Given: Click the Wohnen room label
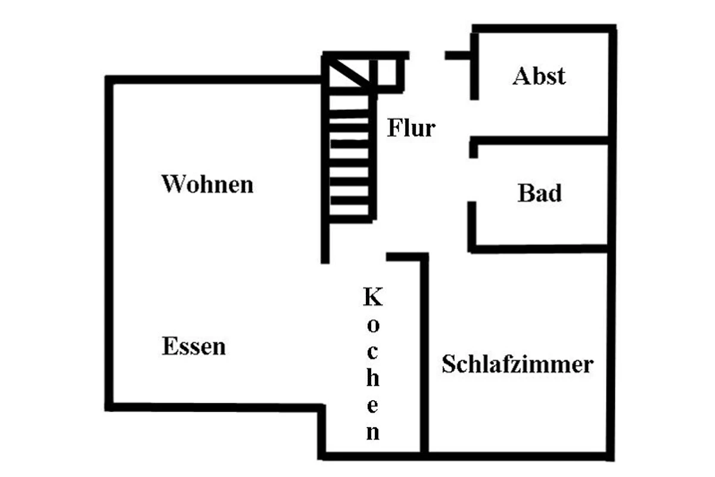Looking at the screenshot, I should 207,184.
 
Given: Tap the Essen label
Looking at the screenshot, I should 194,346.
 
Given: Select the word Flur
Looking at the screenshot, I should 412,128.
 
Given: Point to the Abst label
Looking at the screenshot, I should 539,76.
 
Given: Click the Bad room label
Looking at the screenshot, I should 539,194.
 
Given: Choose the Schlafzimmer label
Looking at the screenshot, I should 517,364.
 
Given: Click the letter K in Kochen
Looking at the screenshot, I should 373,297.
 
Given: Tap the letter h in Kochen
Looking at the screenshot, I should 373,378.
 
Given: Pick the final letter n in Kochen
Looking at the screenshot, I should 373,432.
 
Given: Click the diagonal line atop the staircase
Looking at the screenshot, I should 349,72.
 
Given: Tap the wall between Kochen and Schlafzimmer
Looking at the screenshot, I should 425,358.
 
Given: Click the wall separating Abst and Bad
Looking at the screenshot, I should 539,141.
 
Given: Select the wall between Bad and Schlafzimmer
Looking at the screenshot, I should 539,248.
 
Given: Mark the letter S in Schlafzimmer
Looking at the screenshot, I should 448,364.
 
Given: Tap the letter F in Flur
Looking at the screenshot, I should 394,128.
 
